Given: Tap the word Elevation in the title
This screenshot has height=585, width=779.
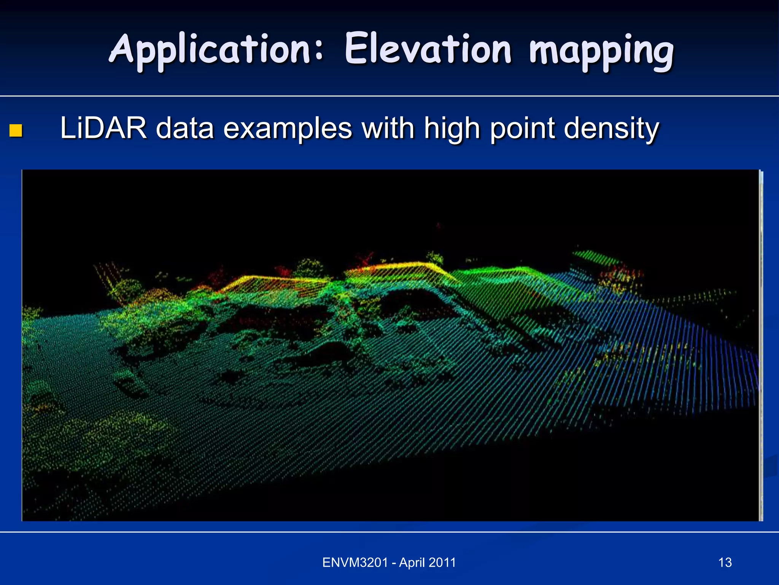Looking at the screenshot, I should (428, 50).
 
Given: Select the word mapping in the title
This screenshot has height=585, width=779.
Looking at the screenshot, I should (601, 51).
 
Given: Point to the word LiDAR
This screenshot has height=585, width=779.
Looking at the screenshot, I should (103, 128).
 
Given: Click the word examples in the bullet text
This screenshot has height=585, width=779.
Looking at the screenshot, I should (287, 129).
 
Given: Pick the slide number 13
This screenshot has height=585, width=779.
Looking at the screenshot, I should (725, 563).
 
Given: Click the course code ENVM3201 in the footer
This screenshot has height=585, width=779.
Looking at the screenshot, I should (355, 563).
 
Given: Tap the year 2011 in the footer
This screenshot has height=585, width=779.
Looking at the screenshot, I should (442, 563).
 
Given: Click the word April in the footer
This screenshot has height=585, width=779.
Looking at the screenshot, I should (412, 563).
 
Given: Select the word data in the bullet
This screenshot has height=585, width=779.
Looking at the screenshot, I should (185, 128).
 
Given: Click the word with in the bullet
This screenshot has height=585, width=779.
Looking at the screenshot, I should (388, 128).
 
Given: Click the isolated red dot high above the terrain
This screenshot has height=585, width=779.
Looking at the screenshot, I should (439, 226).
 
